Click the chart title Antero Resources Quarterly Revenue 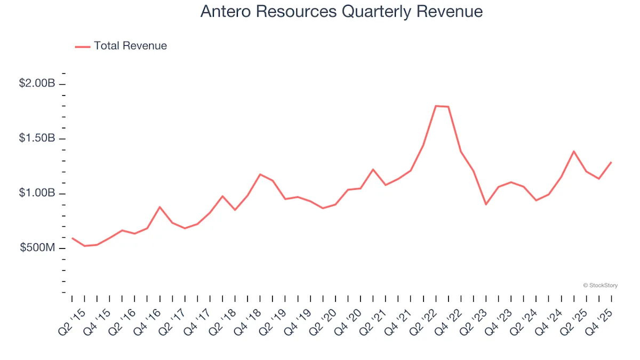[x=341, y=12]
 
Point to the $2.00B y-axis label [x=37, y=84]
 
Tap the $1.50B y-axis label [x=37, y=139]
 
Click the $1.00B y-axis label [x=37, y=194]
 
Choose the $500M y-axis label [x=38, y=248]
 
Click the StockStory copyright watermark [x=601, y=286]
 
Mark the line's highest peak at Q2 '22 [x=436, y=106]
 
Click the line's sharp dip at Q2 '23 [x=486, y=204]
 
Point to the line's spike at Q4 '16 [x=159, y=207]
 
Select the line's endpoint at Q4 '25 [x=611, y=162]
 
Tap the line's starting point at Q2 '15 [x=72, y=238]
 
